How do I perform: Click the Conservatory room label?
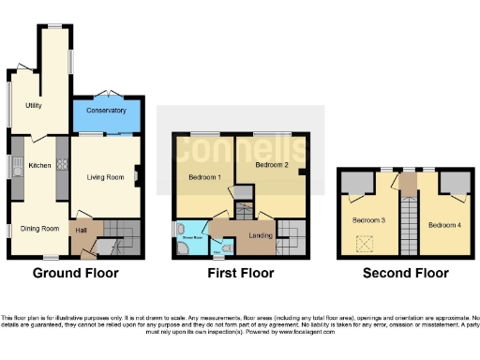(x=106, y=111)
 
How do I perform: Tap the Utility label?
(x=27, y=105)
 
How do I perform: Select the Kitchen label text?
(x=38, y=166)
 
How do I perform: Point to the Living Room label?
(x=106, y=176)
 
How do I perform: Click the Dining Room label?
(x=41, y=229)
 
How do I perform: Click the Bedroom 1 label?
(x=204, y=177)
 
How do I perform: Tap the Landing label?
(x=261, y=234)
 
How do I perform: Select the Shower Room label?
(x=191, y=238)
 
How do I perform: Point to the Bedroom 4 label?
(x=444, y=226)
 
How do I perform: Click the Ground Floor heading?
(x=76, y=274)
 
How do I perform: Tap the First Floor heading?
(x=241, y=274)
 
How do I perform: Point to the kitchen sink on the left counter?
(x=16, y=169)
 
